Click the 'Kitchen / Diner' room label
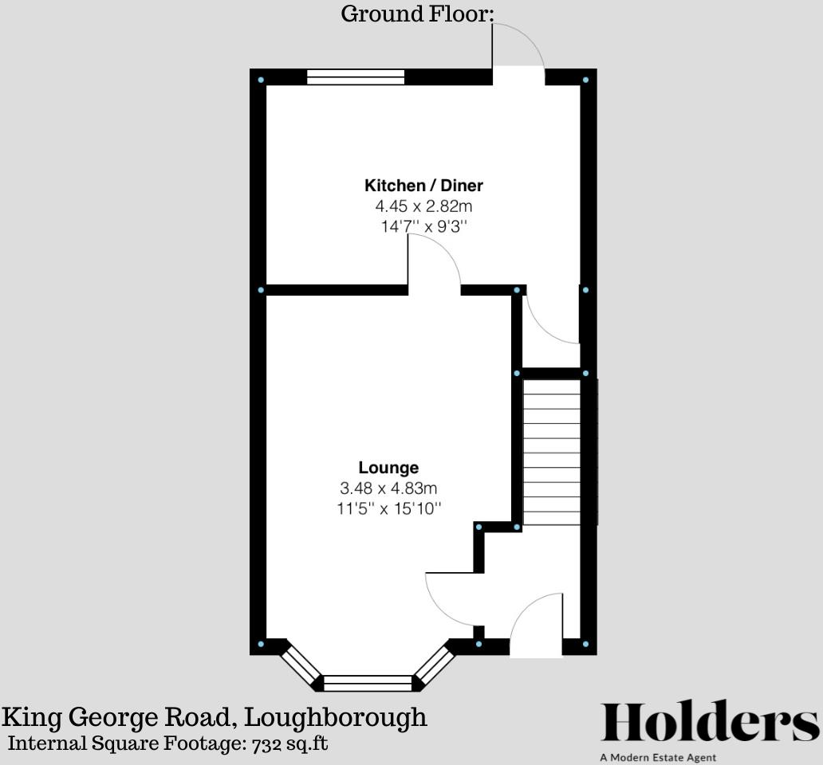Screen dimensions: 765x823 click(x=423, y=186)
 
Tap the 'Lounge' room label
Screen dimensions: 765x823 click(x=388, y=468)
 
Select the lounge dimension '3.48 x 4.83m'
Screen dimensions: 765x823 click(x=388, y=488)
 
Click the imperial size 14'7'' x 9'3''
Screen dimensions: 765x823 click(x=423, y=226)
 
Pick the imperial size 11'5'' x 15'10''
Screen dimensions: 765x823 click(x=388, y=508)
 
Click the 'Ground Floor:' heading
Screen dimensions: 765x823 click(x=418, y=14)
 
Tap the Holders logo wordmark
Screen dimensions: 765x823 click(x=709, y=723)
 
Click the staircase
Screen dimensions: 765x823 click(x=551, y=453)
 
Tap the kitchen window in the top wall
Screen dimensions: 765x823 click(x=356, y=76)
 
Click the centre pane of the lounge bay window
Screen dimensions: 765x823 click(x=368, y=683)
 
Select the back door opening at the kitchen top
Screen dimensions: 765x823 click(x=518, y=76)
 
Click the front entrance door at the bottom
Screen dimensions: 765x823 click(x=537, y=630)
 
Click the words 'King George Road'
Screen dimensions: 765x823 click(x=118, y=717)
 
